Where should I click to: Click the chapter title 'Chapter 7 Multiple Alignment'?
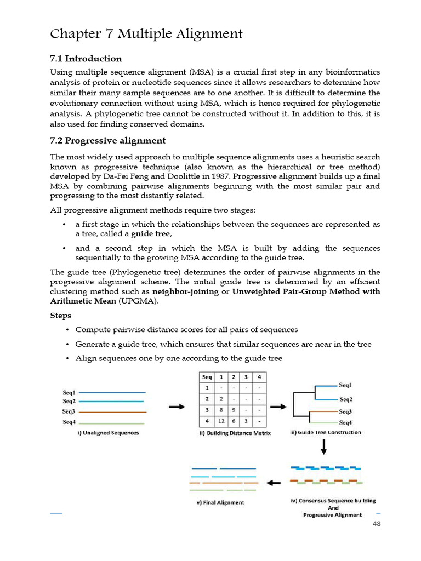[146, 34]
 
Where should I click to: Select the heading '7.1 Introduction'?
[86, 59]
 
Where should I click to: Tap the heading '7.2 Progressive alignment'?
[107, 141]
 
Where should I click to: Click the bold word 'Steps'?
[60, 316]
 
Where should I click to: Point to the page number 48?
[376, 524]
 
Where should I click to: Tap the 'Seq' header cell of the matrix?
[207, 377]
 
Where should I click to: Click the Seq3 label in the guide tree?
[345, 411]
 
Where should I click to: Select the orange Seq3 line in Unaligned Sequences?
[112, 412]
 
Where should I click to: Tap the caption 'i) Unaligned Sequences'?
[108, 433]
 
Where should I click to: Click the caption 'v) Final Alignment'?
[220, 502]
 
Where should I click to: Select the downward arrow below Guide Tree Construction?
[324, 448]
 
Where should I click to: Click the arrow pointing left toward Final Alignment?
[274, 483]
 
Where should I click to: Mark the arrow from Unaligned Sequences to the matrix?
[176, 407]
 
